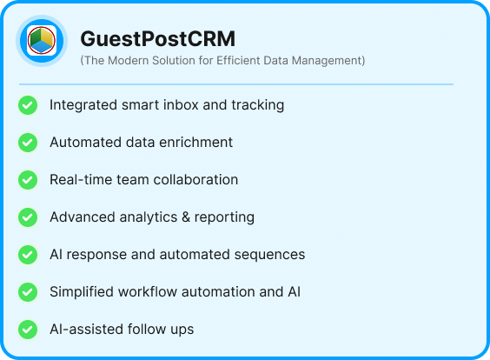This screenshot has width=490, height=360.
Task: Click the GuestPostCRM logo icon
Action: (x=41, y=41)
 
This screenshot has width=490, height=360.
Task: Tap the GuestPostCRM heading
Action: (x=157, y=39)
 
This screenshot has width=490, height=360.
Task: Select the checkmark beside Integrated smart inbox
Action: (x=28, y=105)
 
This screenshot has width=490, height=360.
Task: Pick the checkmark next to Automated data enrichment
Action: (x=28, y=143)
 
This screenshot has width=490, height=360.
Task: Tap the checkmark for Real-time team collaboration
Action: (x=28, y=180)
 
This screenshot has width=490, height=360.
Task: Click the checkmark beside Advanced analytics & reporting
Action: (x=28, y=217)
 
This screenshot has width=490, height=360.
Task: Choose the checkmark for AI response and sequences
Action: (x=28, y=255)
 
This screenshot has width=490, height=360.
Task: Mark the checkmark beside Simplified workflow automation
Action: (x=28, y=292)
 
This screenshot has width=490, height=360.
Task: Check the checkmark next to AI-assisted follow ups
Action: (x=28, y=330)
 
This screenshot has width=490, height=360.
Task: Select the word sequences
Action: (x=271, y=255)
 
